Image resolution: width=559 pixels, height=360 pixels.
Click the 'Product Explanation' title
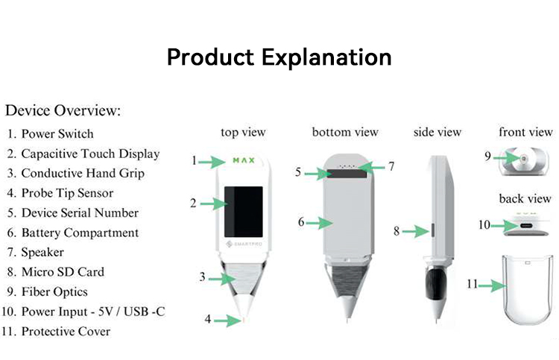(279, 57)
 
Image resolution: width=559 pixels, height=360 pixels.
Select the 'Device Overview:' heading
(63, 111)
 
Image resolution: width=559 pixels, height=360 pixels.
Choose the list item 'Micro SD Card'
(63, 272)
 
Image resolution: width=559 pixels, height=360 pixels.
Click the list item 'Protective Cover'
(66, 331)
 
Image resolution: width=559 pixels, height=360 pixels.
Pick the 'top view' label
(243, 133)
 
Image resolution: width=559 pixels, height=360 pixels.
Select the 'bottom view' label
(345, 133)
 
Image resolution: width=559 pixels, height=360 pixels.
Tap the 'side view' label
(438, 133)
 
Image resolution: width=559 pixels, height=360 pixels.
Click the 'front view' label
(525, 133)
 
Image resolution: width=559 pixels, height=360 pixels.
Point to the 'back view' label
(525, 199)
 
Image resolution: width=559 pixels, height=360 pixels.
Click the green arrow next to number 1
(215, 160)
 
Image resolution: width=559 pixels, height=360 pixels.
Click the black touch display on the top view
(244, 207)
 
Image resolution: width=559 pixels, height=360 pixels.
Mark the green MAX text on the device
(244, 160)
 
